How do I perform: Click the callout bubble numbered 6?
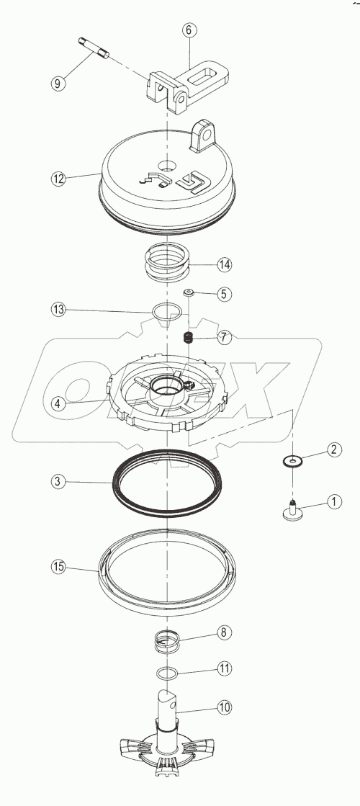(189, 30)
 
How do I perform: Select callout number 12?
(58, 179)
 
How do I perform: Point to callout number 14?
(224, 265)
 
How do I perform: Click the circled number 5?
(224, 294)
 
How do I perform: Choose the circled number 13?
(58, 310)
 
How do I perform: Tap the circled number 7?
(224, 338)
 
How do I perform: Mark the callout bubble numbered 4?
(58, 403)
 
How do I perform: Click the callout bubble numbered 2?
(333, 449)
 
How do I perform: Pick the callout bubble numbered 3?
(58, 482)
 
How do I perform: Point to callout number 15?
(58, 566)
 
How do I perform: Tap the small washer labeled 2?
(292, 462)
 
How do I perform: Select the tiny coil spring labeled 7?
(189, 338)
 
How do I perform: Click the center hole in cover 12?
(167, 166)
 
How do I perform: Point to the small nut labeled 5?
(189, 293)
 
